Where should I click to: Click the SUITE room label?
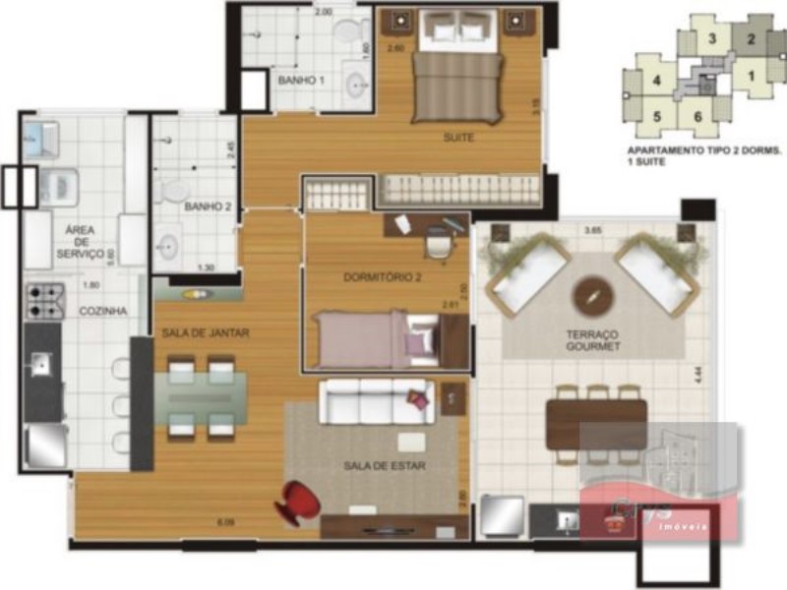458,138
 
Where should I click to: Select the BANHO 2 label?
208,207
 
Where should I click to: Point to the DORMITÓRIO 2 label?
382,277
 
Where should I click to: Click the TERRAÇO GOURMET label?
593,340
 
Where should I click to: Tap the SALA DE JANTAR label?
205,333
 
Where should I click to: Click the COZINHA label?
102,311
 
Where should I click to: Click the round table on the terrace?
593,293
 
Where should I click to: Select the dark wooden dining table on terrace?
596,424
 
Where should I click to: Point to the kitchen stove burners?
43,301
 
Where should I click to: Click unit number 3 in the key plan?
710,40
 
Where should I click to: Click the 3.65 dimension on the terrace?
593,230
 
